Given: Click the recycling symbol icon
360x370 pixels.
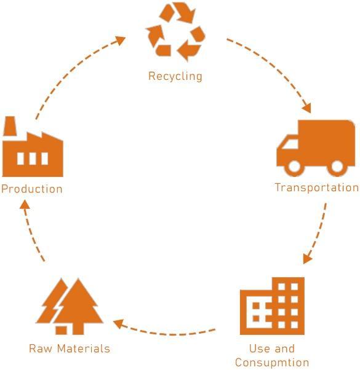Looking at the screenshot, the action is [175, 32].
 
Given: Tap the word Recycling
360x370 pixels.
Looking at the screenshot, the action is [175, 76].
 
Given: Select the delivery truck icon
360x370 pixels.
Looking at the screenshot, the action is [316, 148].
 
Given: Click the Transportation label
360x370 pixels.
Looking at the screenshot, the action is [317, 187].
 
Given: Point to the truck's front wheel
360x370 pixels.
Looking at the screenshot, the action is [294, 167].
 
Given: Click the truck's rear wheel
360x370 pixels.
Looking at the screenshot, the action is [337, 167].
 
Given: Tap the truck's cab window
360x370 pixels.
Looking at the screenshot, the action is [290, 144].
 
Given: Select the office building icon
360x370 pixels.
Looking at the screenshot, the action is [272, 306].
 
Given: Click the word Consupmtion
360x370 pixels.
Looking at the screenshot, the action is [272, 363].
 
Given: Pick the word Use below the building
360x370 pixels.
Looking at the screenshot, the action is [257, 348].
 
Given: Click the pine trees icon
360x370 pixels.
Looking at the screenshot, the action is [70, 306].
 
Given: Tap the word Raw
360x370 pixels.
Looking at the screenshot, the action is [40, 348].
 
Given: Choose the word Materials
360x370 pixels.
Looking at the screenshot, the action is [84, 348].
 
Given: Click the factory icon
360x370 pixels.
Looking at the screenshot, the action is [33, 146].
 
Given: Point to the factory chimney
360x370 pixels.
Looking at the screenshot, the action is [10, 126].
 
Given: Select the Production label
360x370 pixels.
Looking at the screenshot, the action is [32, 189].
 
